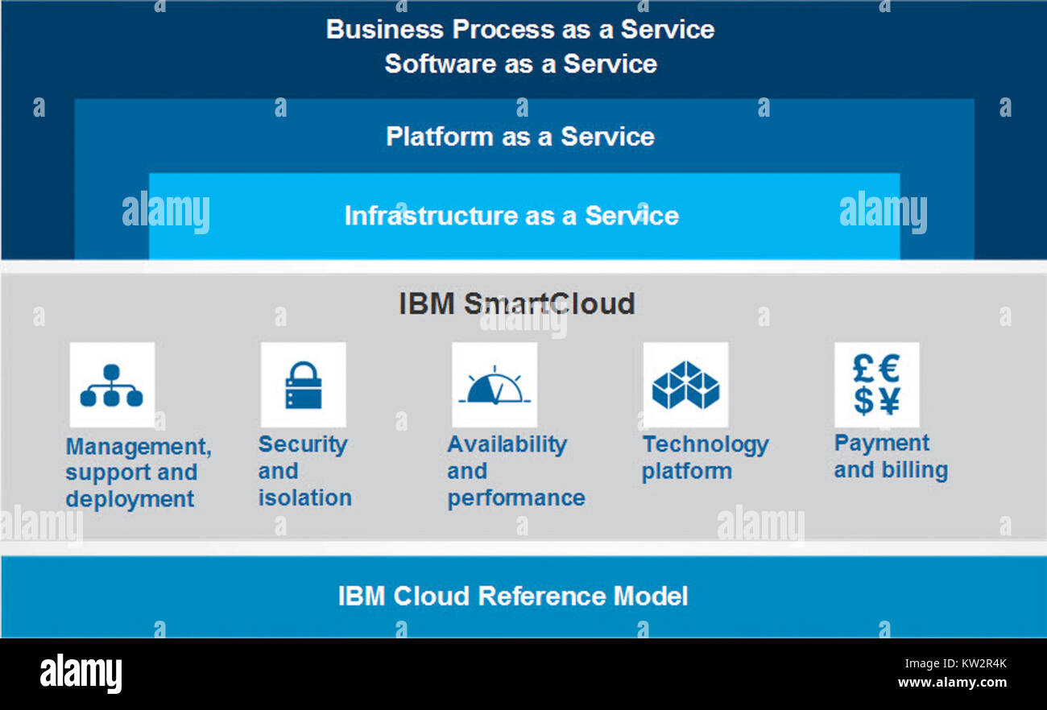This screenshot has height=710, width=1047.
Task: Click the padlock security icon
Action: (x=303, y=385)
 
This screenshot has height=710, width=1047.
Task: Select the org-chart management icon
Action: (x=111, y=385)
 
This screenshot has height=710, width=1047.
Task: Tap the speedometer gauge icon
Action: (x=494, y=386)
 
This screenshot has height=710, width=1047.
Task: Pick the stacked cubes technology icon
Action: (x=685, y=385)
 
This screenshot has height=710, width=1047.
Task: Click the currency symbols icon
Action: (x=876, y=385)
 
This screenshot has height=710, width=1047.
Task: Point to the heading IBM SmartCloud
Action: (x=517, y=304)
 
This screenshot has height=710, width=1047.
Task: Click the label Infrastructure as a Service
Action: (x=511, y=216)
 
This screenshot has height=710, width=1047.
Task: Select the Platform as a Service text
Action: (x=519, y=136)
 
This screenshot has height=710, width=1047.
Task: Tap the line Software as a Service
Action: (x=520, y=64)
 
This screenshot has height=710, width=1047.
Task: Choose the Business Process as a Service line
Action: (x=520, y=30)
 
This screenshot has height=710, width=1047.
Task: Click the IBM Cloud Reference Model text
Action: (x=513, y=596)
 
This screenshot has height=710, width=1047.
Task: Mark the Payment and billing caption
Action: (x=891, y=456)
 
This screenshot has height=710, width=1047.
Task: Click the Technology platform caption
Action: (x=705, y=457)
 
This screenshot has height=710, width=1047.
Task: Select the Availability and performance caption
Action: (x=515, y=471)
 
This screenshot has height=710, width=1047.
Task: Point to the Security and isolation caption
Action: (x=304, y=471)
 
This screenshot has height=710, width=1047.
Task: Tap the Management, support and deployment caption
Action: (x=138, y=473)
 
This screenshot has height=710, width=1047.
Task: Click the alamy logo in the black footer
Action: (x=81, y=673)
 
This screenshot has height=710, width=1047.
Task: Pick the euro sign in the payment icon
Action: (x=888, y=369)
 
